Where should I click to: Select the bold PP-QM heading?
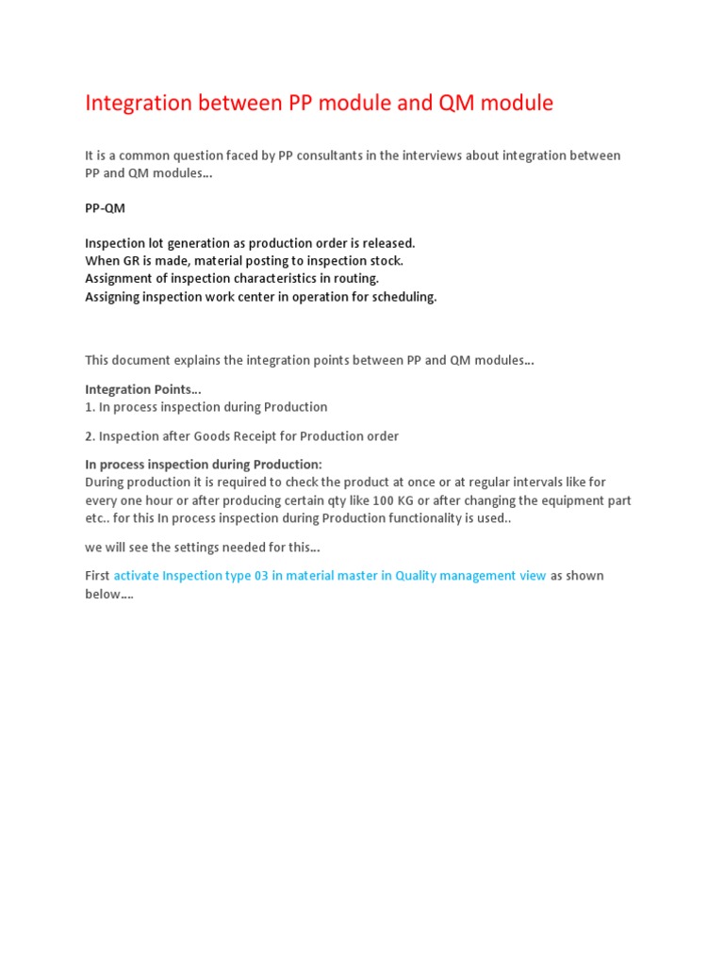105,208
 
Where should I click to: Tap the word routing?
353,279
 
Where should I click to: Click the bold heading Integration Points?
141,389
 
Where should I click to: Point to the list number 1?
90,407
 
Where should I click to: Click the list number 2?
90,436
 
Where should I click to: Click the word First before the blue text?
97,576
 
